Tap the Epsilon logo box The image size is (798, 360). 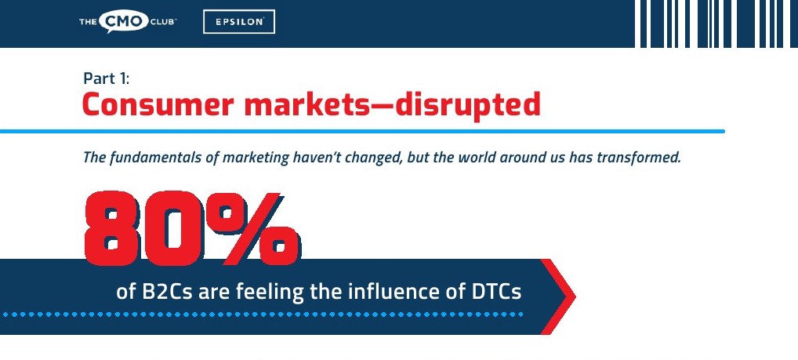pyautogui.click(x=238, y=22)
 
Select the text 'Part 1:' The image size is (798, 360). pyautogui.click(x=107, y=78)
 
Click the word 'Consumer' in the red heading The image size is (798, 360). pyautogui.click(x=158, y=104)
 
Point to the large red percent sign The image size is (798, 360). pyautogui.click(x=253, y=229)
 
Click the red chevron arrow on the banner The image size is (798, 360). pyautogui.click(x=558, y=296)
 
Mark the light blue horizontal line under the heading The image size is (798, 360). pyautogui.click(x=362, y=131)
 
